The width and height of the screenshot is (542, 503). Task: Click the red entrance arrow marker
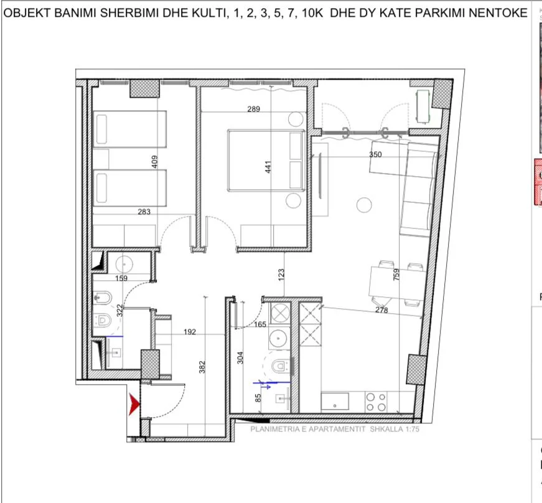(x=133, y=405)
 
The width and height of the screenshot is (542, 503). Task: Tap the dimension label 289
(x=253, y=110)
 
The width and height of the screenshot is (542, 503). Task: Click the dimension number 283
(x=144, y=212)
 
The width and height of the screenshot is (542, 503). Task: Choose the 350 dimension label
(x=375, y=154)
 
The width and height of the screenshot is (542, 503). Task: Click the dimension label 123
(x=281, y=273)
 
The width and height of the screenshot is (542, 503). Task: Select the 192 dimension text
(x=190, y=332)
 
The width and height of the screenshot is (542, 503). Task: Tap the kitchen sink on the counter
(x=336, y=401)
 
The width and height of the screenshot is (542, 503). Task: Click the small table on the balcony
(x=423, y=106)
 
